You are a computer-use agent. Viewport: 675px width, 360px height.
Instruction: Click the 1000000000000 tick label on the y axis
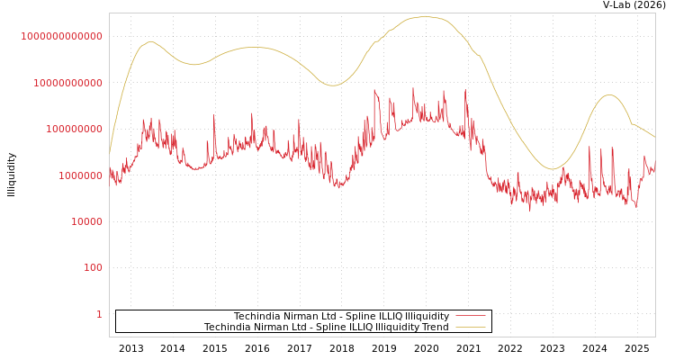(x=62, y=36)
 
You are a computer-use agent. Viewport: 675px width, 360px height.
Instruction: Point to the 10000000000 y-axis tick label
(x=67, y=83)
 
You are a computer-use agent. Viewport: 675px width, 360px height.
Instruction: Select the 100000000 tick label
(x=73, y=129)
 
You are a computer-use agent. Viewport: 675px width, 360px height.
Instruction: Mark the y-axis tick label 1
(x=99, y=314)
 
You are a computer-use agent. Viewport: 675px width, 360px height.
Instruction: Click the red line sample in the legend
(x=471, y=316)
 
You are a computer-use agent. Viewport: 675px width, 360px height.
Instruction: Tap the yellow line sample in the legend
(x=471, y=327)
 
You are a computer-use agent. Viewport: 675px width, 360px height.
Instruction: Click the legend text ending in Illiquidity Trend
(x=326, y=327)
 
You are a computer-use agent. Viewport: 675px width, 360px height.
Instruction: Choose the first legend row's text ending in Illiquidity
(x=341, y=316)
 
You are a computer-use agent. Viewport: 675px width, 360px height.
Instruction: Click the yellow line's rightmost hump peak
(x=609, y=94)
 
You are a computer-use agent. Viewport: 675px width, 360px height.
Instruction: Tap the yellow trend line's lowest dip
(x=553, y=169)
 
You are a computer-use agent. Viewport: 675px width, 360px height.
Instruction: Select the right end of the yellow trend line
(x=654, y=137)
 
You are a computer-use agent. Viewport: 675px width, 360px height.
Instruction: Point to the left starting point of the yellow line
(x=110, y=151)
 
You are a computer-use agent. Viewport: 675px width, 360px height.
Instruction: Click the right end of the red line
(x=654, y=171)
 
